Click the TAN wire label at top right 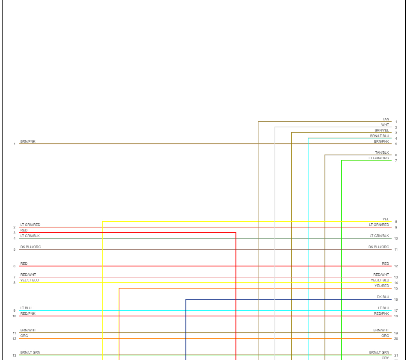(386, 120)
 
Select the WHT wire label (385, 125)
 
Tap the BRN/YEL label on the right (382, 131)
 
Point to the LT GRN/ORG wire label (379, 158)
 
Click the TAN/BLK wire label (382, 153)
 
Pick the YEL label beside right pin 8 (386, 220)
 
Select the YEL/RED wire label (382, 286)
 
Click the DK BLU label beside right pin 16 (383, 297)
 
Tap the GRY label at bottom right (385, 358)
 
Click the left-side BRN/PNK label (28, 141)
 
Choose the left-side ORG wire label (24, 336)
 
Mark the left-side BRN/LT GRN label (30, 353)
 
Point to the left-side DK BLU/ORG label (31, 247)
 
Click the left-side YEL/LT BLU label (29, 281)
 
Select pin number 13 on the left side (14, 355)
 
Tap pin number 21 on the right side (396, 355)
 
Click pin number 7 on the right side (396, 161)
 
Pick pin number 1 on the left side (14, 144)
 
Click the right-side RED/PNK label (381, 314)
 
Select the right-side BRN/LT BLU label (380, 136)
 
